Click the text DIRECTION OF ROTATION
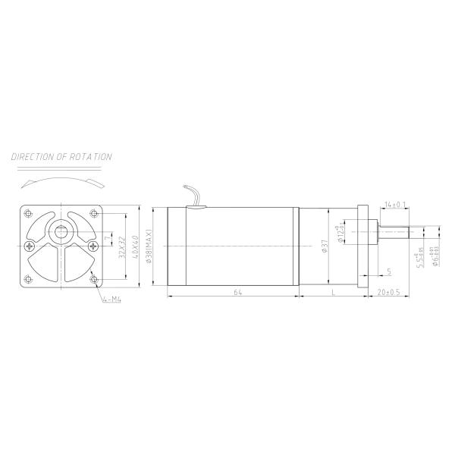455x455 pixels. coord(62,157)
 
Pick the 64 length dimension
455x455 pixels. coord(237,290)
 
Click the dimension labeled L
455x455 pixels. coord(332,290)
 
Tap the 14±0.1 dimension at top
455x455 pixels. coord(395,205)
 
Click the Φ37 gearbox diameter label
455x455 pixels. coord(325,246)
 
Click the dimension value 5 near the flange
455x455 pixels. coord(389,271)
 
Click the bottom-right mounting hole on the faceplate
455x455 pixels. coord(95,279)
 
